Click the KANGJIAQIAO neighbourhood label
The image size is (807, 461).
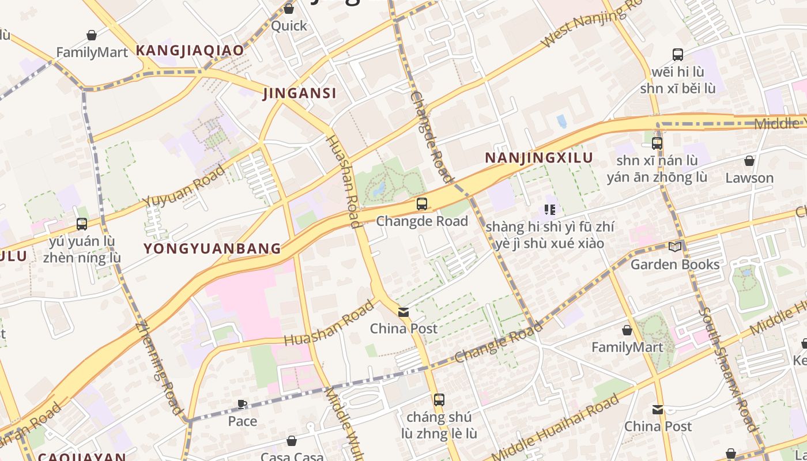coord(190,51)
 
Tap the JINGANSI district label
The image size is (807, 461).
coord(299,93)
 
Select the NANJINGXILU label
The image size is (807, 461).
coord(538,158)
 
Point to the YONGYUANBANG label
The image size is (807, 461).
coord(212,249)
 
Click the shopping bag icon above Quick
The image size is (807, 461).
coord(289,9)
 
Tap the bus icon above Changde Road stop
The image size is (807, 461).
coord(422,203)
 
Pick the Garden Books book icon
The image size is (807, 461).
coord(674,247)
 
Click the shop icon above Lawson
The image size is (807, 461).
coord(749,161)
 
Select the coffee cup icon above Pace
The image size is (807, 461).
coord(242,405)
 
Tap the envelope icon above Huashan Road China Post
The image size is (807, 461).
coord(403,312)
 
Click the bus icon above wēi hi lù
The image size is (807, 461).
coord(678,55)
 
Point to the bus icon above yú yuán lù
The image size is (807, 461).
coord(82,224)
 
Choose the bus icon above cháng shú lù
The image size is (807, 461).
coord(439,399)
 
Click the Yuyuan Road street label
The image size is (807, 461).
coord(184,186)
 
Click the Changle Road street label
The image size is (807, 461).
coord(499,342)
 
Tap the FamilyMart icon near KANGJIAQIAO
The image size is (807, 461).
coord(91,36)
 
